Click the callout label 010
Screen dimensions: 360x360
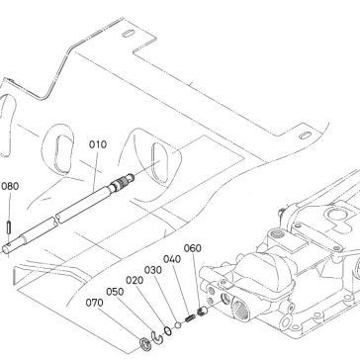pos(98,144)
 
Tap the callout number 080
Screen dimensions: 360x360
pos(10,186)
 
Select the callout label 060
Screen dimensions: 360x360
pos(193,248)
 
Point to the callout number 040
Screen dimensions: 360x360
pos(172,259)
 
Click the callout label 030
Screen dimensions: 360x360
pos(153,270)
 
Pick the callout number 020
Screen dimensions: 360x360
pos(135,281)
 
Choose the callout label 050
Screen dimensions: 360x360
pos(115,292)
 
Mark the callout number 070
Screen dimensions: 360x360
pos(95,303)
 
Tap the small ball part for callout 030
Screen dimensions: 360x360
pos(178,324)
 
